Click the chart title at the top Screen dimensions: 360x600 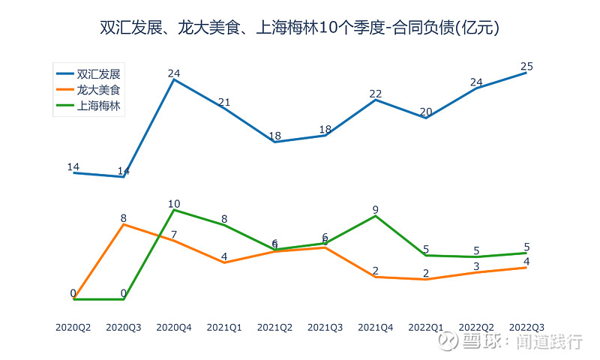click(x=300, y=28)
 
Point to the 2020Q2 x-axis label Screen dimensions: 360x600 click(x=73, y=328)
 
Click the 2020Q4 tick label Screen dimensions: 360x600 click(x=174, y=328)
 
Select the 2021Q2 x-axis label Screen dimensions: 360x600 click(x=274, y=328)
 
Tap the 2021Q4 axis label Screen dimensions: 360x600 click(x=376, y=328)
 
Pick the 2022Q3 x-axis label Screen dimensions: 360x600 click(x=526, y=328)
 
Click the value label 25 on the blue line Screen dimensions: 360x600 click(x=526, y=67)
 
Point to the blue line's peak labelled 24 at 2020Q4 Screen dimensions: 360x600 click(x=174, y=73)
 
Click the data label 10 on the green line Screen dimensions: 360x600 click(x=174, y=204)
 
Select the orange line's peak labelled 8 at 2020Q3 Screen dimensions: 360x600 click(x=124, y=218)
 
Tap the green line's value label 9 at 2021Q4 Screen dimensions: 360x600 click(x=376, y=210)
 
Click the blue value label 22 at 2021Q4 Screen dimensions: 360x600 click(x=376, y=94)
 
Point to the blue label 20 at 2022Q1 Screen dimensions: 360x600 click(x=426, y=112)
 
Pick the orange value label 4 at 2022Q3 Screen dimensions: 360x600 click(x=526, y=262)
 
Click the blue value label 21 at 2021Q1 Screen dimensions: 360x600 click(x=224, y=102)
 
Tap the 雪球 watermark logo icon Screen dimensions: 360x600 click(x=448, y=342)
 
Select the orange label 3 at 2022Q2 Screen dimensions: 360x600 click(x=476, y=266)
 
